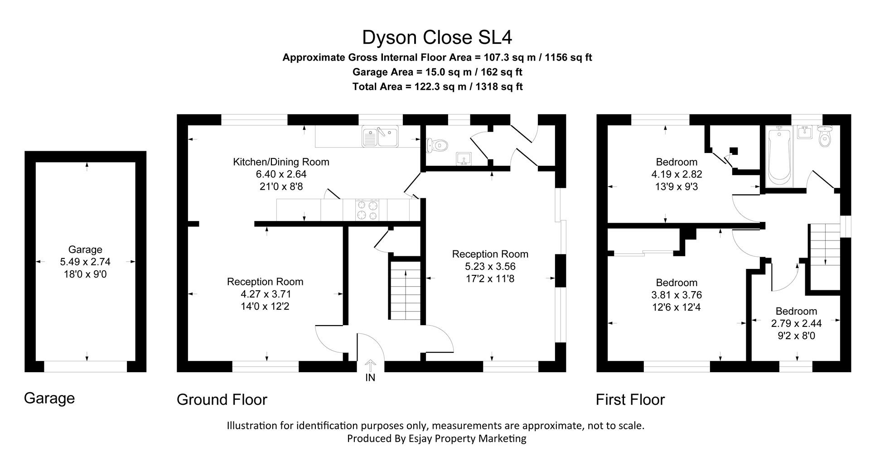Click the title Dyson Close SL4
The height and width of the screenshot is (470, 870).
point(437,38)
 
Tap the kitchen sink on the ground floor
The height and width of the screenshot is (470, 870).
point(380,136)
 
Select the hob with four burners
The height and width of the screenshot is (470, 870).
point(367,210)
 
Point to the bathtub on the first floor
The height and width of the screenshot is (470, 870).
point(778,156)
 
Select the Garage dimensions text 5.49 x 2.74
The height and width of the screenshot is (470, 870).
point(85,262)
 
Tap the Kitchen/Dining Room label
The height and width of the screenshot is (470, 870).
point(281,162)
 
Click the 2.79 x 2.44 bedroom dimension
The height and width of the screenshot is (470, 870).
point(796,323)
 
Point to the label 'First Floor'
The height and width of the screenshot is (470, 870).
point(630,399)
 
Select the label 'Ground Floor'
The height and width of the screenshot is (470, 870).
point(222,399)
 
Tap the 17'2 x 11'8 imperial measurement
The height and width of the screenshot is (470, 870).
point(490,279)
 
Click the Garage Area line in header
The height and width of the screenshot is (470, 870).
point(437,72)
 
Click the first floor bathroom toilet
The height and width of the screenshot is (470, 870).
point(826,137)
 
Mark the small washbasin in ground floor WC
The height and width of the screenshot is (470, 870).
point(464,159)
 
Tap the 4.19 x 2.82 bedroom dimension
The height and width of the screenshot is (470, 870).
point(677,174)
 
